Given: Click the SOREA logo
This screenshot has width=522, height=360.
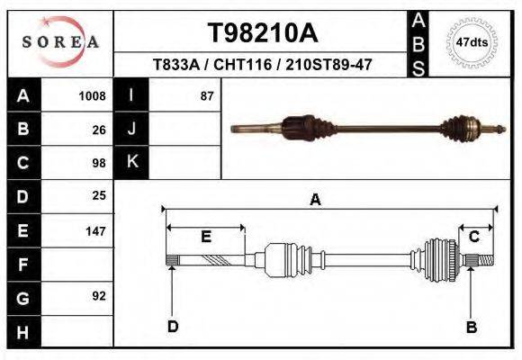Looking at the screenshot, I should coord(59,42).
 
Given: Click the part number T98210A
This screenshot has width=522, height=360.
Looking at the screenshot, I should coord(263,33).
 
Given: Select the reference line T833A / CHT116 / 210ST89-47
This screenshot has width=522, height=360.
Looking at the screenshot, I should coord(263,65).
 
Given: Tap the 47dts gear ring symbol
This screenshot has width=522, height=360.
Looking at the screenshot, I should coord(472,41).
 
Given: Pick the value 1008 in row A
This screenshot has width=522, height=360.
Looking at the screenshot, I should coord(92,95).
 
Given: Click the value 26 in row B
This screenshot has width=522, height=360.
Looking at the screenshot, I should coord(99,129).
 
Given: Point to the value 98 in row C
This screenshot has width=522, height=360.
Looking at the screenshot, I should coord(99,163).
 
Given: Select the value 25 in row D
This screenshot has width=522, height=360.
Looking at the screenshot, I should coord(99,195).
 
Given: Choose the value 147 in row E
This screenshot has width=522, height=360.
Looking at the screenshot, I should coord(95,231).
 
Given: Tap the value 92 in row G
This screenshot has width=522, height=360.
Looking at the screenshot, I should coord(99,295).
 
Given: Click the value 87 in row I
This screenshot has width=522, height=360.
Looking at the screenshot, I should coord(207,95).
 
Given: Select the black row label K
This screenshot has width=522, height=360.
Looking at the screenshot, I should coord(132,162).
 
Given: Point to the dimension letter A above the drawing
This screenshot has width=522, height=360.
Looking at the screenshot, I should coord(316,200).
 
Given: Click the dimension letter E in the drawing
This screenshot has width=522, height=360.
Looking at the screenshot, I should coord(205,237).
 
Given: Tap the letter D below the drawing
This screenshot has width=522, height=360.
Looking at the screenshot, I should coord(172,327).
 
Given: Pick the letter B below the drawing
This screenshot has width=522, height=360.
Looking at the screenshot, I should coord(471,327).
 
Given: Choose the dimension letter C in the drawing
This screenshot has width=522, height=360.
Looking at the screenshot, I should coord(473,237).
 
